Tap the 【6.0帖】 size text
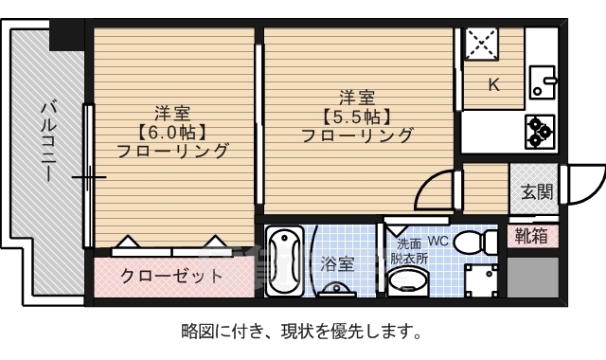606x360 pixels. tap(172, 132)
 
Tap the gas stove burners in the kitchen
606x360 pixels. tap(542, 130)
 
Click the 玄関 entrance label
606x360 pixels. tap(536, 191)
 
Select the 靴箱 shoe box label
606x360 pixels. tap(532, 236)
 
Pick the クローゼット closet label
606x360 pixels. tap(171, 277)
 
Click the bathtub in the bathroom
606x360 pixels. tap(284, 263)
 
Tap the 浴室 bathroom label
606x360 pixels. tap(337, 262)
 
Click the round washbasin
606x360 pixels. tap(410, 280)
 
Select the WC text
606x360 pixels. tap(439, 241)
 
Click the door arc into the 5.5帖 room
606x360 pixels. tap(435, 188)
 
